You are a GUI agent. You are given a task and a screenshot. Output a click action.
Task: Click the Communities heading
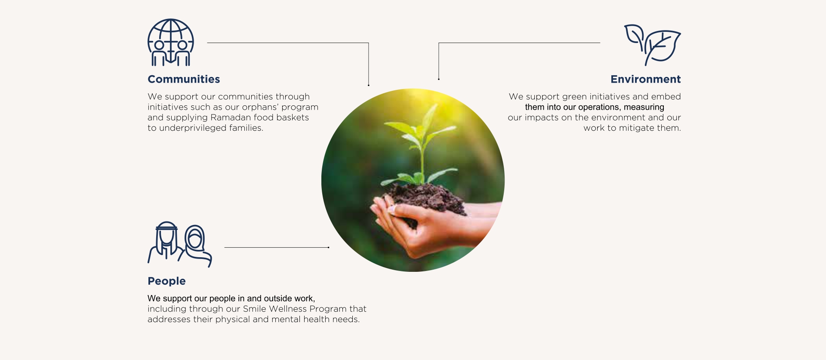coord(184,79)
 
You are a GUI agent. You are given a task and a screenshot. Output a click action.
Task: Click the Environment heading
coord(645,79)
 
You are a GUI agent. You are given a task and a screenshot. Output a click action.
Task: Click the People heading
coord(166,281)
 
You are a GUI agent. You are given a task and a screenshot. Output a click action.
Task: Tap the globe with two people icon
coord(171,43)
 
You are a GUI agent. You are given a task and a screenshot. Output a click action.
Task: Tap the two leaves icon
coord(652,45)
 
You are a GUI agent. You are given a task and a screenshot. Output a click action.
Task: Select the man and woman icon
coord(180,244)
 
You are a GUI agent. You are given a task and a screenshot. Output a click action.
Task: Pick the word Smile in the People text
coord(254,309)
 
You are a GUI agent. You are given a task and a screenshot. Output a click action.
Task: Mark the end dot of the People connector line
coord(329,247)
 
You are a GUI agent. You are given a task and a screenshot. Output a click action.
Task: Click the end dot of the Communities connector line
coord(369,85)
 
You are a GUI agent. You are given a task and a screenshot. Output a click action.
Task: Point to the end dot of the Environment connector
coord(439,79)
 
